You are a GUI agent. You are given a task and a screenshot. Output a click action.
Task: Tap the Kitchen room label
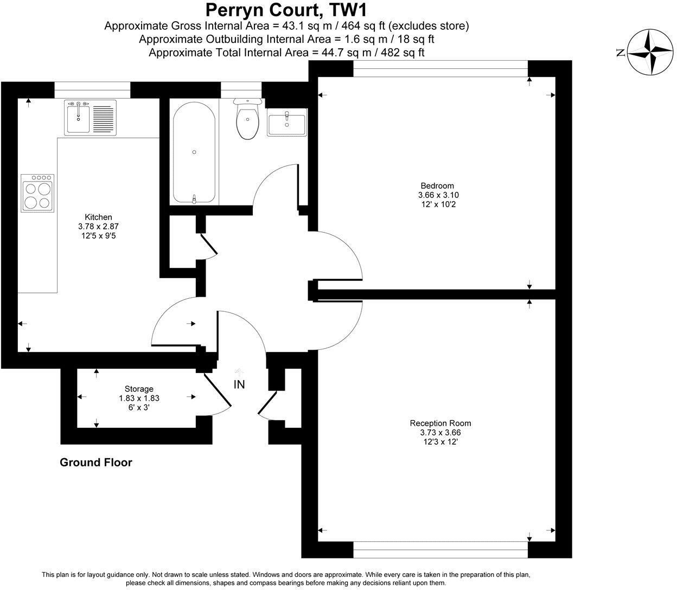click(98, 217)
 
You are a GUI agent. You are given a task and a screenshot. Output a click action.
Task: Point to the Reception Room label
click(440, 424)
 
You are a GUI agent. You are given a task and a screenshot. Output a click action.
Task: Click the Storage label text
click(139, 389)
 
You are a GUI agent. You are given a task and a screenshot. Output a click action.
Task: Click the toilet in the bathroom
click(247, 120)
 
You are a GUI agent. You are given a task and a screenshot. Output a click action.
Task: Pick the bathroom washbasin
click(286, 122)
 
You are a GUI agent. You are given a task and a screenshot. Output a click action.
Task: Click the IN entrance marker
click(239, 384)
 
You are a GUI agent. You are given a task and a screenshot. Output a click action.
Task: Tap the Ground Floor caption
click(95, 463)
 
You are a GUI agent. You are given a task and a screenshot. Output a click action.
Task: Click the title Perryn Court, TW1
click(289, 10)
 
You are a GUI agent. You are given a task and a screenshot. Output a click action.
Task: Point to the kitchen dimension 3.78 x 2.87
click(98, 227)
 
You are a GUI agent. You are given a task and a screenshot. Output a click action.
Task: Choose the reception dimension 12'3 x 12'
click(440, 442)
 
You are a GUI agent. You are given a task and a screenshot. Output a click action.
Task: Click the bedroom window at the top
click(440, 68)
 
